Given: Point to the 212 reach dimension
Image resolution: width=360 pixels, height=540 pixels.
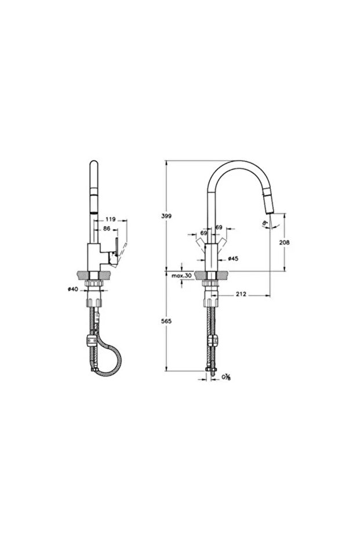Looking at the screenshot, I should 242,295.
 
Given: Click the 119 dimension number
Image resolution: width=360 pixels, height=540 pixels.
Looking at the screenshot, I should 111,220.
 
